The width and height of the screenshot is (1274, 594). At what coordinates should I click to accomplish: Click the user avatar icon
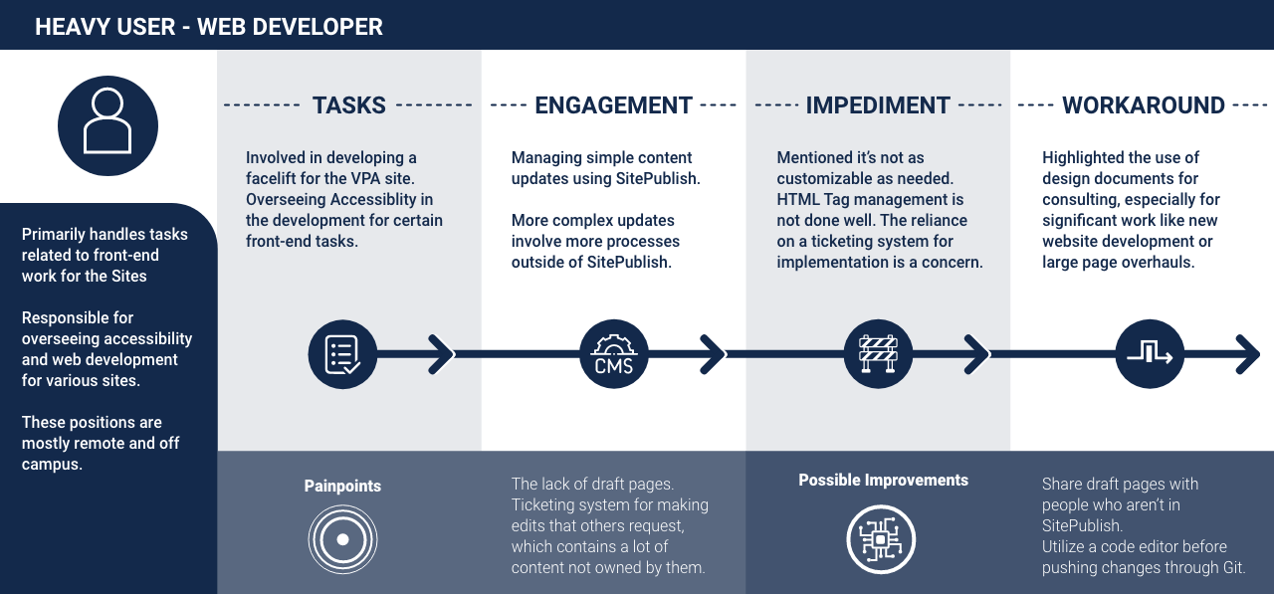(x=107, y=125)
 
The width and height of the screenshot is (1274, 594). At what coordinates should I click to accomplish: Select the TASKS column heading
(x=348, y=105)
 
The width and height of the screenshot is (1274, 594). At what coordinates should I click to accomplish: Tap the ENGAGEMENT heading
(x=613, y=105)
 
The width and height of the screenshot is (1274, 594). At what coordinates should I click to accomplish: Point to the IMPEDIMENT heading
(x=878, y=105)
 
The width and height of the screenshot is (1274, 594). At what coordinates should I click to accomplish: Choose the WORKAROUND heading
(x=1143, y=105)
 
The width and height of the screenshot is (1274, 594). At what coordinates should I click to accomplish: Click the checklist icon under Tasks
(x=342, y=354)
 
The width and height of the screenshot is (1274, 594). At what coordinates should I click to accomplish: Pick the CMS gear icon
(x=614, y=354)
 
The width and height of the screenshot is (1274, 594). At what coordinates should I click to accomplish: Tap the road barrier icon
(x=878, y=354)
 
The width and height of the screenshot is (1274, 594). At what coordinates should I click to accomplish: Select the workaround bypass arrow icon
(x=1150, y=354)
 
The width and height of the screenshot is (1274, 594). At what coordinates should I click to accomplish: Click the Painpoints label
(x=342, y=487)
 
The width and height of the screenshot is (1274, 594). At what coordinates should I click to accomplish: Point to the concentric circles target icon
(x=342, y=540)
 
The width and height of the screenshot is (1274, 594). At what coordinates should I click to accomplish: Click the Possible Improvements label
(x=883, y=481)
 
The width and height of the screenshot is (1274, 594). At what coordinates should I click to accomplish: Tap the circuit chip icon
(x=881, y=540)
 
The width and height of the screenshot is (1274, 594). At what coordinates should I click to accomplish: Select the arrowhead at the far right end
(x=1247, y=353)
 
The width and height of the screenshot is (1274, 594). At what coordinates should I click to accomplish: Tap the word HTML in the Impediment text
(x=797, y=199)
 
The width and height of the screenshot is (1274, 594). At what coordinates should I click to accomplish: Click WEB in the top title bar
(x=222, y=27)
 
